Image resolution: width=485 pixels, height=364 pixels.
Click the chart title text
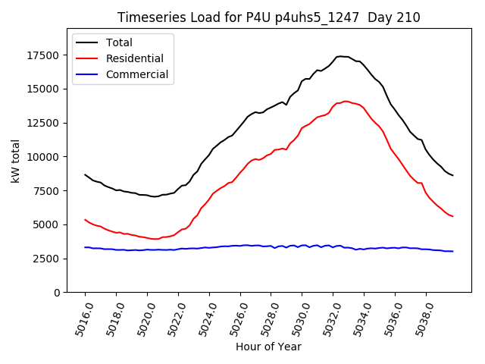[268, 17]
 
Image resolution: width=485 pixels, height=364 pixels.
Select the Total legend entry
[119, 42]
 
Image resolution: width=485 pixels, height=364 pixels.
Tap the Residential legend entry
[134, 58]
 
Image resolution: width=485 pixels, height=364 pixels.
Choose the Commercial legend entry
[137, 74]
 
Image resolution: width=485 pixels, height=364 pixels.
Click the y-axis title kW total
[15, 162]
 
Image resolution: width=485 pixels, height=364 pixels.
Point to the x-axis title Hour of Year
[268, 347]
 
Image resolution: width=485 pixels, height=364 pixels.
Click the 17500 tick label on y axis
[42, 55]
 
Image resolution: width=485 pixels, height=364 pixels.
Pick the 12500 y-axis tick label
[42, 123]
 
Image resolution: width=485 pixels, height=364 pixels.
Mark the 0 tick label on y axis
[56, 293]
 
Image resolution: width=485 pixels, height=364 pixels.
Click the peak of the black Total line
[341, 56]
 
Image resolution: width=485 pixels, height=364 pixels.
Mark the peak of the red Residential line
[346, 101]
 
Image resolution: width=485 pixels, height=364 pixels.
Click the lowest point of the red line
[155, 240]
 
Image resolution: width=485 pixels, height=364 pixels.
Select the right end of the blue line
[453, 251]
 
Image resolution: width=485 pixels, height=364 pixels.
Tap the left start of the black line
[85, 174]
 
